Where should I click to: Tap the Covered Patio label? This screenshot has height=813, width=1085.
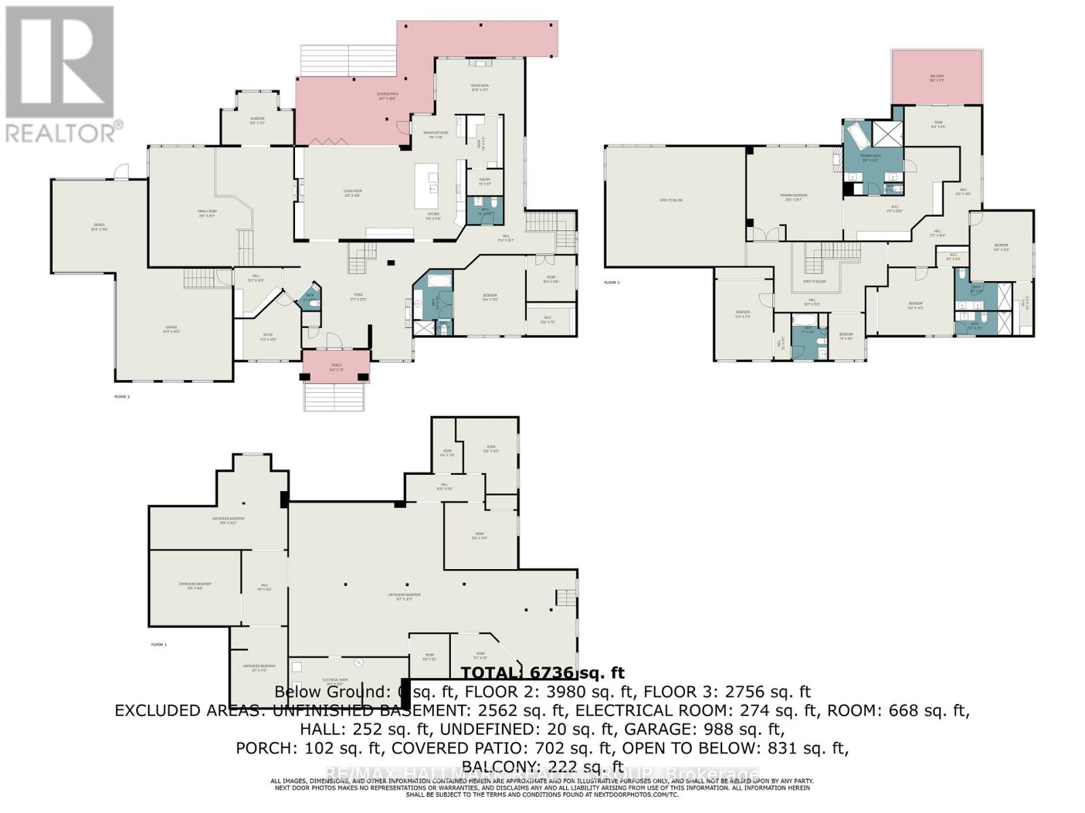[387, 96]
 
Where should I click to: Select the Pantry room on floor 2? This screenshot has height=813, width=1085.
[484, 181]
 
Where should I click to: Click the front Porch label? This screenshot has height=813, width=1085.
[336, 367]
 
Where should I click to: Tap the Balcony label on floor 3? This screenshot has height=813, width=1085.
[936, 78]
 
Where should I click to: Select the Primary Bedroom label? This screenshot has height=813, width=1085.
[793, 197]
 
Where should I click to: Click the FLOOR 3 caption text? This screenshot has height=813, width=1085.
[612, 282]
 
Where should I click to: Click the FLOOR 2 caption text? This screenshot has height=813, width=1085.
[122, 396]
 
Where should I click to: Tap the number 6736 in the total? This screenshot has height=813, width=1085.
[551, 673]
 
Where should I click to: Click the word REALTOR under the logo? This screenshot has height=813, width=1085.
[61, 132]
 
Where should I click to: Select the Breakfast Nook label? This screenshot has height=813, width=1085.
[432, 135]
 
